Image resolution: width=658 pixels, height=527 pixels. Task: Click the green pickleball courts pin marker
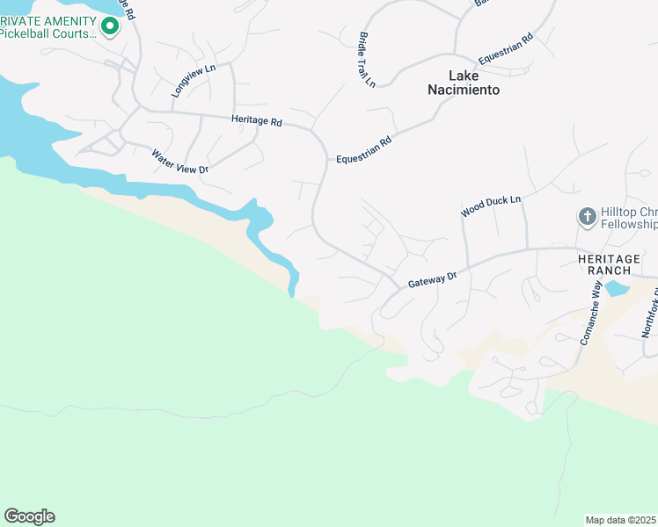pyautogui.click(x=110, y=26)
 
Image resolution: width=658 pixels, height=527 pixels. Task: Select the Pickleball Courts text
pyautogui.click(x=48, y=34)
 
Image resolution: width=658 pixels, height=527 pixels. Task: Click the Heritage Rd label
pyautogui.click(x=256, y=121)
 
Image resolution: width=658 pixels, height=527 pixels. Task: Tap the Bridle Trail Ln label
pyautogui.click(x=367, y=60)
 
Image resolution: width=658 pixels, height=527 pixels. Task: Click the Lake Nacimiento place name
pyautogui.click(x=463, y=83)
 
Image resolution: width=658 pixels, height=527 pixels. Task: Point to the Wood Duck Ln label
pyautogui.click(x=491, y=206)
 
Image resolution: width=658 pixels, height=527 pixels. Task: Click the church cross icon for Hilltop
pyautogui.click(x=587, y=216)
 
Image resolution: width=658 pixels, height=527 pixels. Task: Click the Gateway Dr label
pyautogui.click(x=432, y=280)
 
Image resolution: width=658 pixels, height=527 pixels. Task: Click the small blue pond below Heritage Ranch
pyautogui.click(x=617, y=288)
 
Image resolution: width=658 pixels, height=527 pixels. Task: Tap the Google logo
pyautogui.click(x=29, y=516)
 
